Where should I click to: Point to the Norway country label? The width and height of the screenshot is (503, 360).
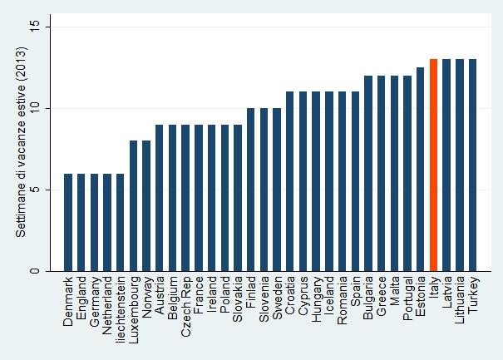[x=146, y=297]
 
